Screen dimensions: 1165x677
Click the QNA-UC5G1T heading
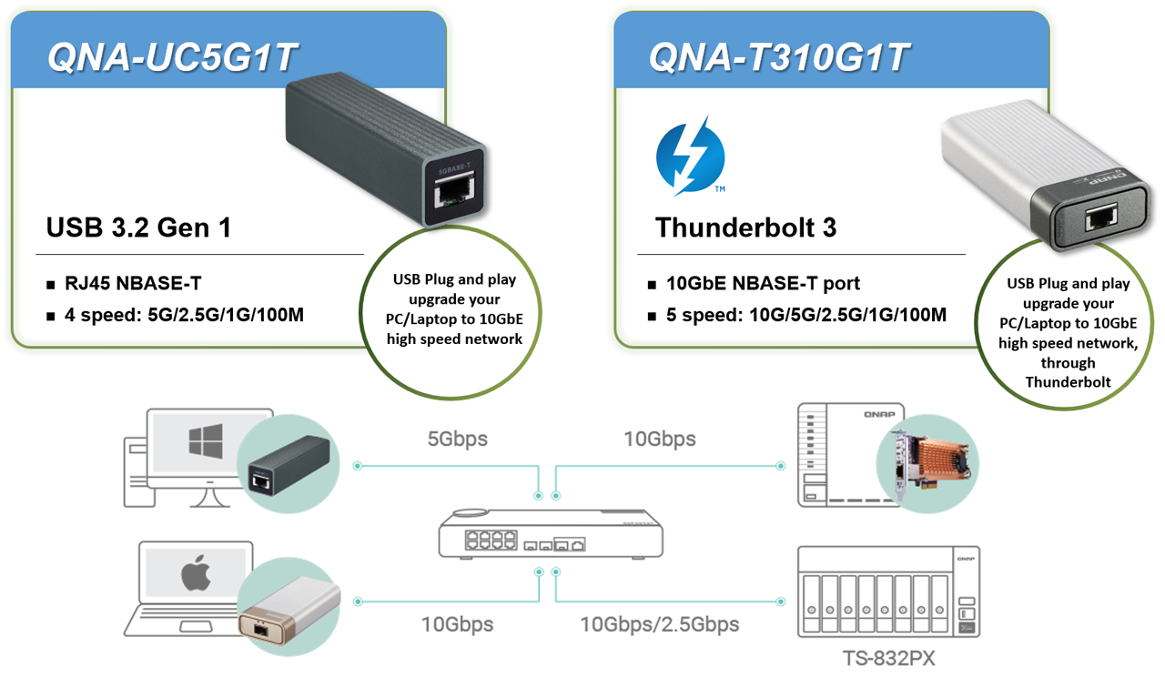tap(172, 56)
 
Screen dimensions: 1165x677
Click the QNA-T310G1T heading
tap(778, 56)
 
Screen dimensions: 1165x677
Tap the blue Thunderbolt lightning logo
tap(690, 157)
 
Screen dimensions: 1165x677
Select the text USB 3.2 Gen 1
tap(138, 227)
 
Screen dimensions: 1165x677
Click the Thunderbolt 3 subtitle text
tap(745, 227)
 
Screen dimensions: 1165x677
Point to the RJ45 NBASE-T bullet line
tap(124, 283)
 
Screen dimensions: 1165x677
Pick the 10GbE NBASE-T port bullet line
tap(755, 283)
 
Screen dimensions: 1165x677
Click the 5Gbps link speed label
tap(457, 439)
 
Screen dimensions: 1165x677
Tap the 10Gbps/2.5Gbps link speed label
tap(660, 624)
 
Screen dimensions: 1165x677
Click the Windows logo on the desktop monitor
tap(206, 441)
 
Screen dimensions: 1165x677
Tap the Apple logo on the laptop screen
tap(196, 572)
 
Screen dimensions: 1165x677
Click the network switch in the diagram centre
tap(551, 534)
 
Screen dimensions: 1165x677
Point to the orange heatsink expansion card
tap(932, 465)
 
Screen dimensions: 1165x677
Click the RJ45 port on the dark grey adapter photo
tap(454, 191)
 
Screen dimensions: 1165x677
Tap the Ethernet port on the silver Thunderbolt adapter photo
tap(1101, 217)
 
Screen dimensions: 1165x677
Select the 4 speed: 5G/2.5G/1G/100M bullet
tap(176, 315)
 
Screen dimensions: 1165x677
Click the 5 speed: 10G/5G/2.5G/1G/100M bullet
tap(797, 315)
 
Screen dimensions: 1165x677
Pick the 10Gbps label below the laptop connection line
tap(457, 624)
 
